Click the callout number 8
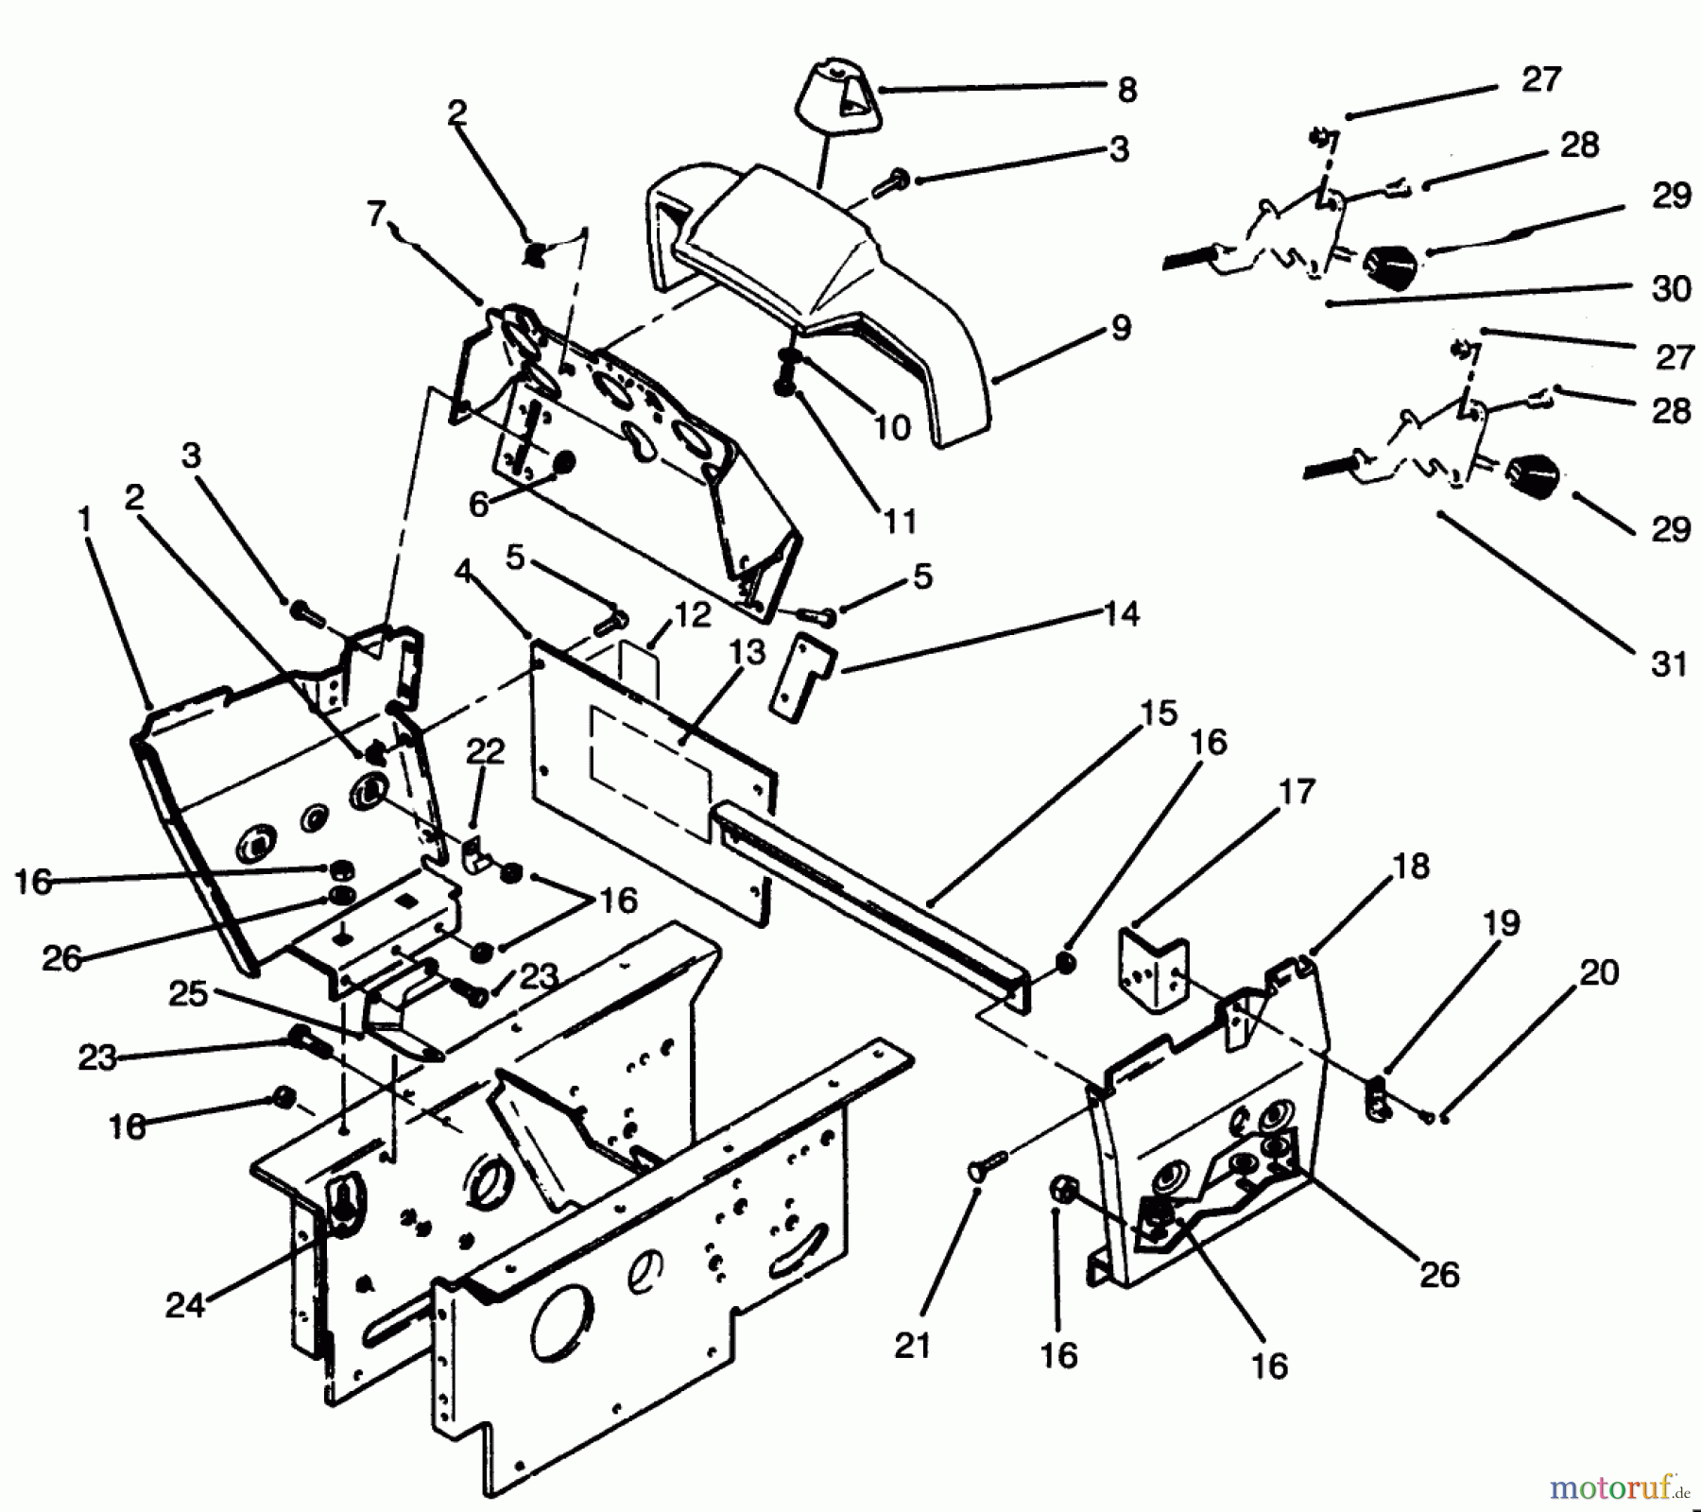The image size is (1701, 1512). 1126,91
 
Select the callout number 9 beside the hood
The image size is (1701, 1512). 1121,328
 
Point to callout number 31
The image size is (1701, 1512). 1669,664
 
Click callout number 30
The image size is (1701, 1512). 1671,288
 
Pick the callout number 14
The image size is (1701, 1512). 1121,614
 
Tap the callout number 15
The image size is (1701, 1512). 1159,713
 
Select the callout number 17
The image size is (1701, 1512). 1297,791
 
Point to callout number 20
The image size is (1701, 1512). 1599,972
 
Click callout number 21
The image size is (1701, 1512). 913,1345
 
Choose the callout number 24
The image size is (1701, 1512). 185,1305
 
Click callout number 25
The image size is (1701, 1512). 188,993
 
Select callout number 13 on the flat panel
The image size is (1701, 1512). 747,652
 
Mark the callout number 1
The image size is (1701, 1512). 85,519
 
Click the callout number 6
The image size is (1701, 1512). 479,505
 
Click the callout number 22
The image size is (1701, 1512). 486,751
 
